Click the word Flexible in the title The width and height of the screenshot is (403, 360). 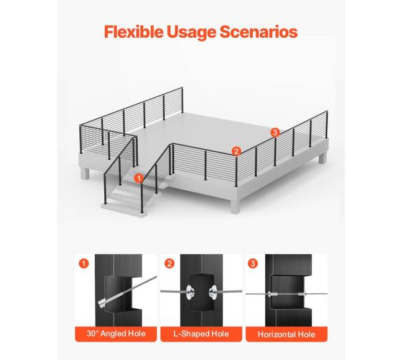133,32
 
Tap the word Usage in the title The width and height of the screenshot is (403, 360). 191,32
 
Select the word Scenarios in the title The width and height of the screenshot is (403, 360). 259,32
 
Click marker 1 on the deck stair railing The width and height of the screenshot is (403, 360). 139,178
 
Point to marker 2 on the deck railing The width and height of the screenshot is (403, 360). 236,151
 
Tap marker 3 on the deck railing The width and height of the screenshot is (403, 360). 275,133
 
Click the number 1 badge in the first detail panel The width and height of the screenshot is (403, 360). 84,264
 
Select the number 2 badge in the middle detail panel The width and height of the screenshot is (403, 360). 169,264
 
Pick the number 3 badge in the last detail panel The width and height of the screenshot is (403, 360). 252,264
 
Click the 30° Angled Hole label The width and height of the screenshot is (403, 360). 116,334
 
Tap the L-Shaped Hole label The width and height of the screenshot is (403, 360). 201,334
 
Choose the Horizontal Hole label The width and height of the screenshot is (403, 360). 286,335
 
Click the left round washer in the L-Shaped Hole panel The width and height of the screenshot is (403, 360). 190,292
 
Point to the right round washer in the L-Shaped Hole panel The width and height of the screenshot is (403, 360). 213,292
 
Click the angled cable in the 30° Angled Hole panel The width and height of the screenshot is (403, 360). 126,291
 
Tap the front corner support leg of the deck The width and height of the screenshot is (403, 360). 235,206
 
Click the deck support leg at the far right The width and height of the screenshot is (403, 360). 323,157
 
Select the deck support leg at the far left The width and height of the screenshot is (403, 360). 85,173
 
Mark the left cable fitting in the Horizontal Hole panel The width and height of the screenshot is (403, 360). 272,294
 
